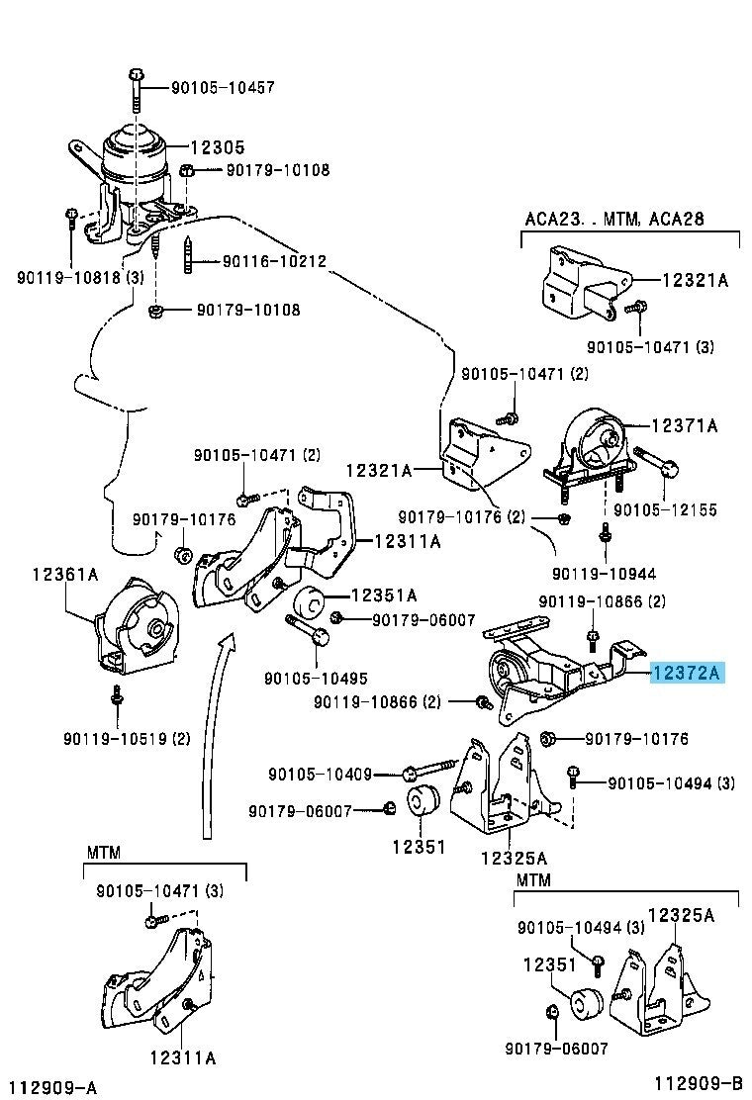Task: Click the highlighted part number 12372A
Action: (x=687, y=675)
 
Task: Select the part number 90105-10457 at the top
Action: (x=211, y=88)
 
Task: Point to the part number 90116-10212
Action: (x=274, y=261)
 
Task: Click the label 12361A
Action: (x=65, y=573)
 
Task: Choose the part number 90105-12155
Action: (x=664, y=510)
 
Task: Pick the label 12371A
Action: (x=684, y=426)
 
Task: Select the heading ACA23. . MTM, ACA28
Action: (x=612, y=219)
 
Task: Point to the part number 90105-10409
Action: (x=320, y=774)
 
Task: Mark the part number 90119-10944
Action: (x=604, y=573)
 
